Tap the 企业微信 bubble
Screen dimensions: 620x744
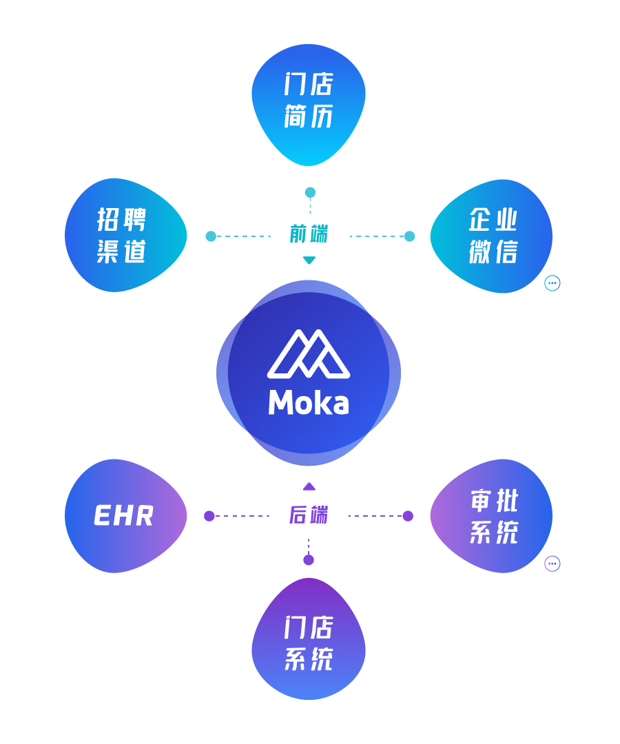coord(491,236)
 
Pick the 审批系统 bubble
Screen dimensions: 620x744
coord(491,516)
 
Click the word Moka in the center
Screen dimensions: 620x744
coord(309,403)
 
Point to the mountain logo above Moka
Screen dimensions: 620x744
coord(309,354)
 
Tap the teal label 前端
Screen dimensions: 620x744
coord(309,234)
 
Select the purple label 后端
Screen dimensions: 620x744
coord(309,515)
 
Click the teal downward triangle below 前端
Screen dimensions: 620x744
coord(309,260)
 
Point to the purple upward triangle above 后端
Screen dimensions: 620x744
coord(309,486)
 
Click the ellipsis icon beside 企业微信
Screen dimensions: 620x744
coord(552,283)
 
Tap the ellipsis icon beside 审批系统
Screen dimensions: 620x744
coord(552,564)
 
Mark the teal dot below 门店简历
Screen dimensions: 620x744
coord(310,192)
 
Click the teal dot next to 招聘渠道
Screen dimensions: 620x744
coord(211,236)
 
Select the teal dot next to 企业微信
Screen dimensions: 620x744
coord(410,236)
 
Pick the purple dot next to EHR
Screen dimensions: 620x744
coord(209,516)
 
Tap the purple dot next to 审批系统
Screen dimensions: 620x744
coord(408,516)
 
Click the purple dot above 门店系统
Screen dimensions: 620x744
coord(309,560)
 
